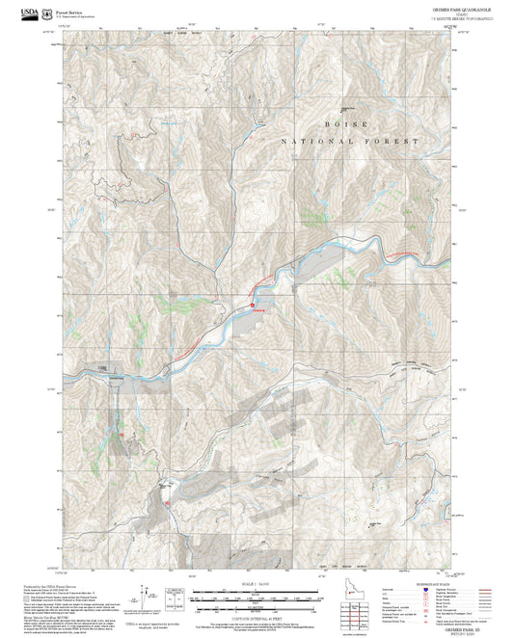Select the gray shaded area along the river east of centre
point(318,255)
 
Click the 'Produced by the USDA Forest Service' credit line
point(49,584)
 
